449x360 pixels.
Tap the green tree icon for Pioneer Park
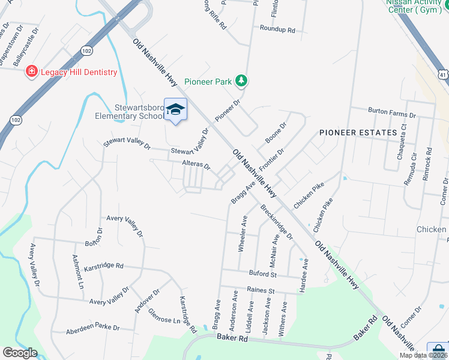click(x=241, y=80)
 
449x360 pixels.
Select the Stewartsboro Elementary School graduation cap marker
click(x=175, y=109)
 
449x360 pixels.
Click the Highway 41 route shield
click(x=443, y=73)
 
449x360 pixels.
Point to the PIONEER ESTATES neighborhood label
click(x=358, y=132)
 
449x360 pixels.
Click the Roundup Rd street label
click(x=277, y=29)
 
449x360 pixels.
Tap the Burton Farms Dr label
click(x=392, y=113)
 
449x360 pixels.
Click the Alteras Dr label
click(x=196, y=164)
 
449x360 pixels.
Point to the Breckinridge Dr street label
click(x=277, y=223)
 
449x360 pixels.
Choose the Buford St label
click(x=263, y=274)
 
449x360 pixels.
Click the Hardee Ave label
click(x=305, y=271)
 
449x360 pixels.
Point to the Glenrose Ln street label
click(x=164, y=320)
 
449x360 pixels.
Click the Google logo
click(x=20, y=353)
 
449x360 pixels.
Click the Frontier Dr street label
click(x=271, y=159)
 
